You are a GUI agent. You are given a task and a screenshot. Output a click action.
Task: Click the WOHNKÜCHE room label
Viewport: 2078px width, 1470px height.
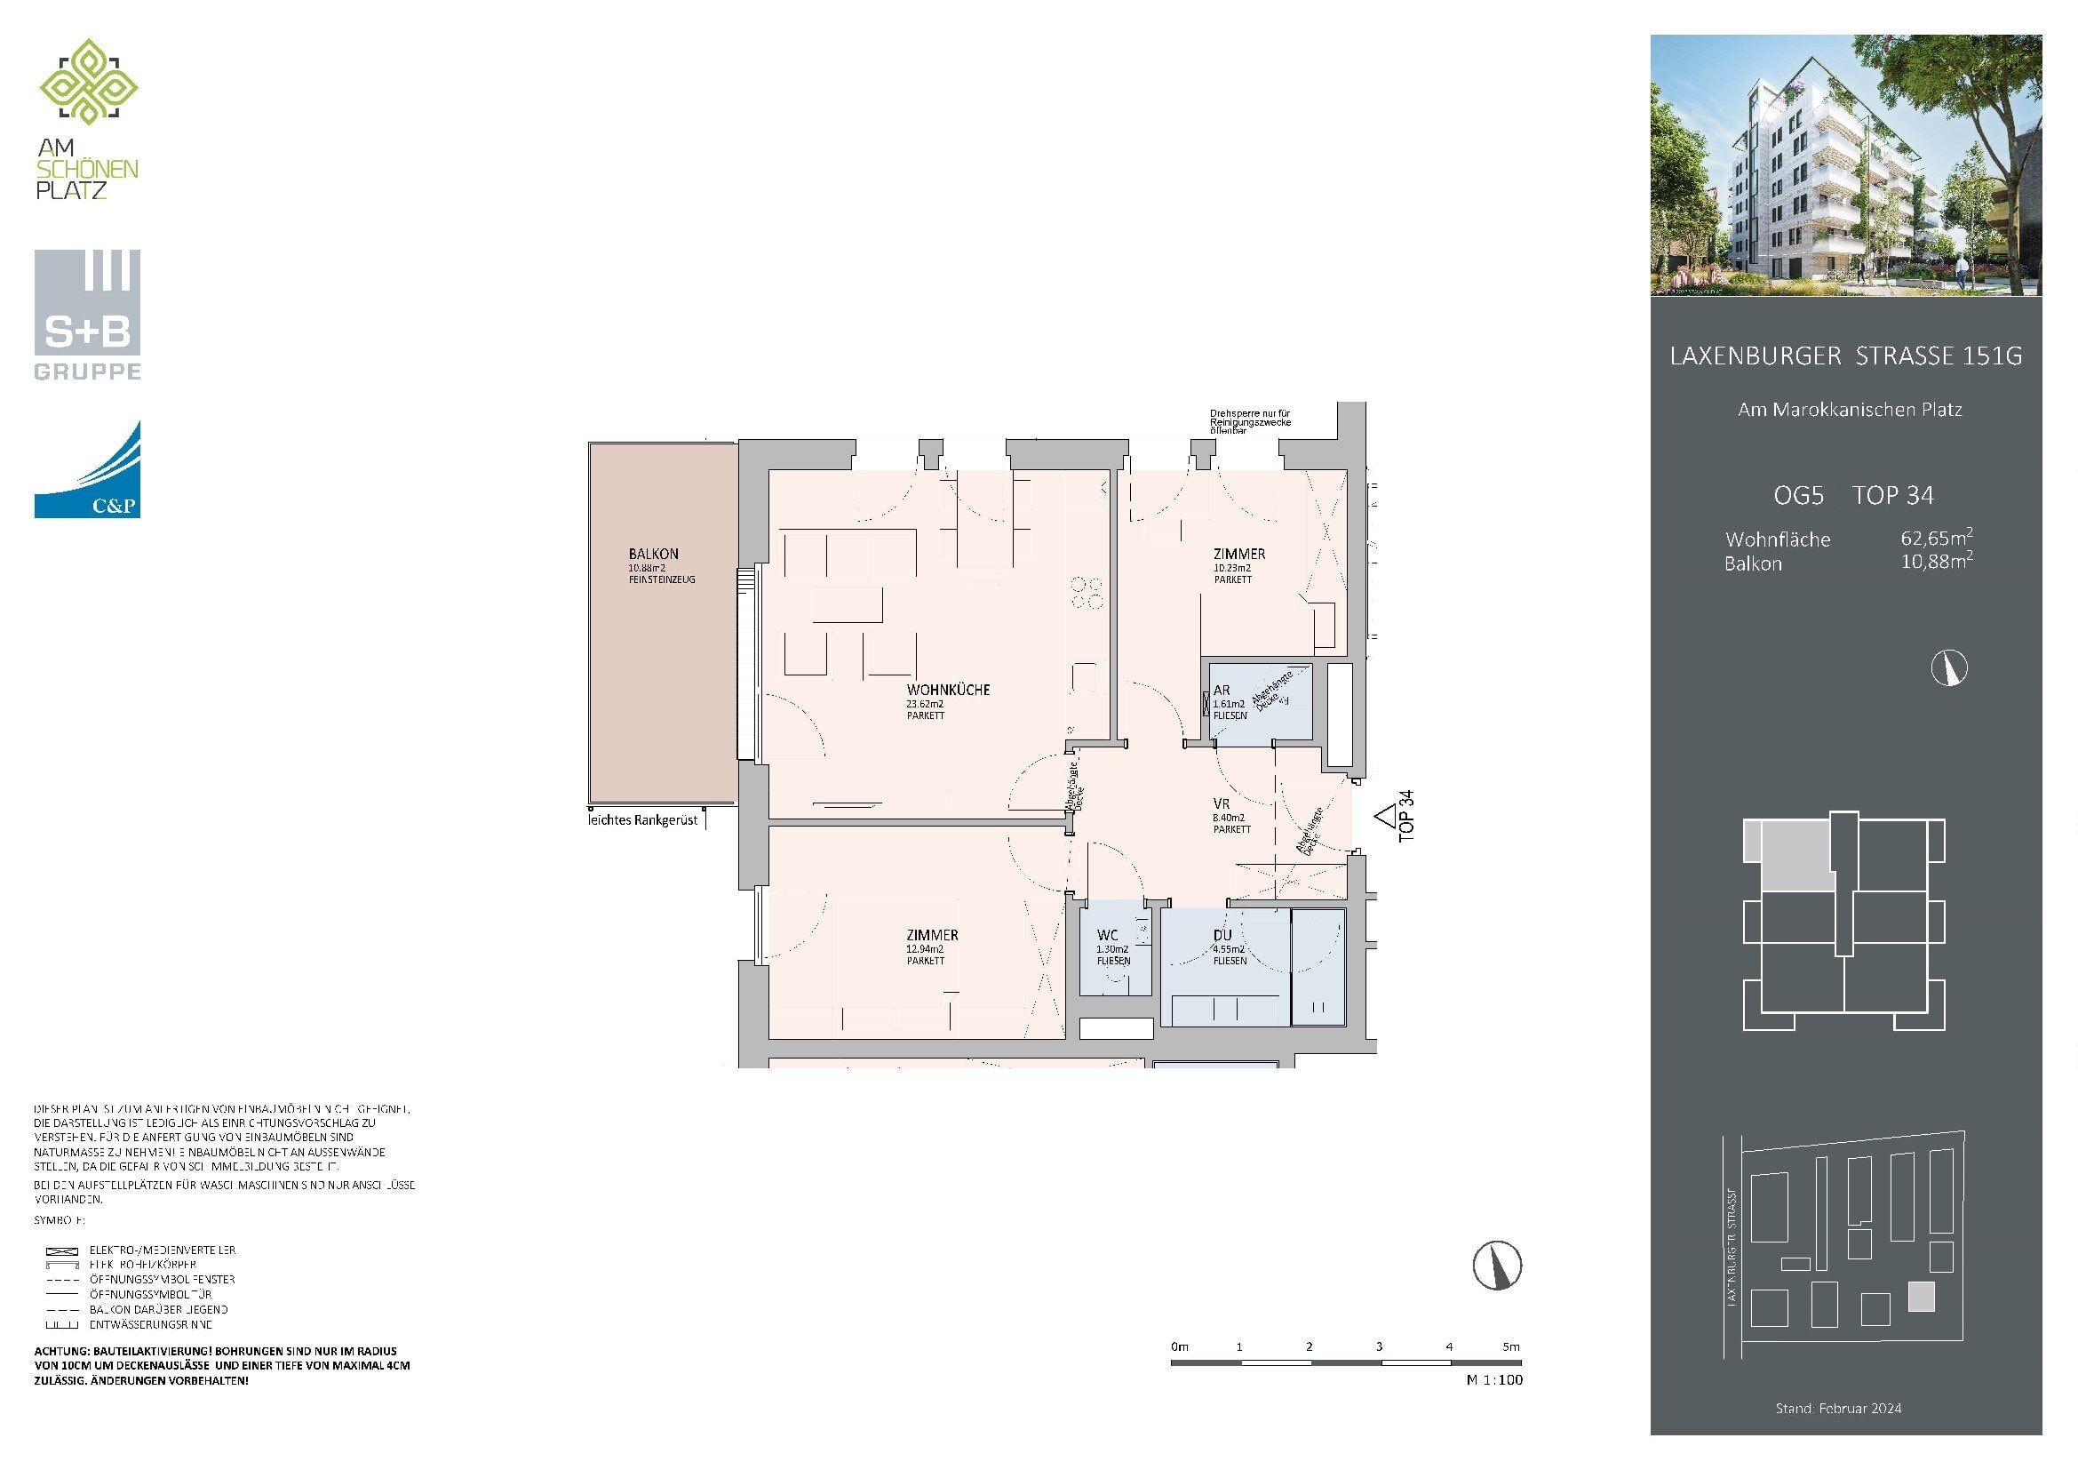(x=948, y=690)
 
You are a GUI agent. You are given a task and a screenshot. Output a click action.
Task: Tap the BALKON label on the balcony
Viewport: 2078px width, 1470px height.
(x=653, y=554)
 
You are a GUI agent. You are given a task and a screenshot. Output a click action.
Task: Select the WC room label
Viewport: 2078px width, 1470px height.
(x=1107, y=935)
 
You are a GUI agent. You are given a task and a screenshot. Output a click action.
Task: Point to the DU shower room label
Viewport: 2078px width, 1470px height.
(x=1222, y=935)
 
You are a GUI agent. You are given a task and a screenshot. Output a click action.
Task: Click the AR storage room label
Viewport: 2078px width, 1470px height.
(x=1221, y=691)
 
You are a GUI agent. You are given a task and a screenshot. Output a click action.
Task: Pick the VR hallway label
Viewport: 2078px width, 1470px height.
(x=1221, y=803)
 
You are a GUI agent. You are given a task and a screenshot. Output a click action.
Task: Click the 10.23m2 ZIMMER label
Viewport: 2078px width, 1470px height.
(x=1239, y=554)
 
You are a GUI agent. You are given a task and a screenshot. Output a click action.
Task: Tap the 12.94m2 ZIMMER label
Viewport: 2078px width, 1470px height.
(x=932, y=935)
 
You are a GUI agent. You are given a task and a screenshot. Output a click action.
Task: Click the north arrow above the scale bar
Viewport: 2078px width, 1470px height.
(x=1496, y=1266)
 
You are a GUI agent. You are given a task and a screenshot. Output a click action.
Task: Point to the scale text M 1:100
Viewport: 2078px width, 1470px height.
(x=1494, y=1380)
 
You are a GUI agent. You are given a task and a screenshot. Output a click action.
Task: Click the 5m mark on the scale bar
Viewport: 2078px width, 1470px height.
(x=1510, y=1346)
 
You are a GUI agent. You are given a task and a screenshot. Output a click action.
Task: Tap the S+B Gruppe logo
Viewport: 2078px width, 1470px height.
(x=87, y=315)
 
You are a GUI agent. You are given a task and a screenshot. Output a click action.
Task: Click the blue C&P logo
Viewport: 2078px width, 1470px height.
(x=87, y=470)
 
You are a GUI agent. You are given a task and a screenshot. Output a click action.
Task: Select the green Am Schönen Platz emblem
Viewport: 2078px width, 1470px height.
(x=88, y=83)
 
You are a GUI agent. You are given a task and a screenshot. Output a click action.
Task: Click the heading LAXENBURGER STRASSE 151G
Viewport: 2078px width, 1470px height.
(x=1845, y=356)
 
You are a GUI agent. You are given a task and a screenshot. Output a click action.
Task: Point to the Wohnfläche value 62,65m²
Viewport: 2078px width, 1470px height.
(x=1936, y=539)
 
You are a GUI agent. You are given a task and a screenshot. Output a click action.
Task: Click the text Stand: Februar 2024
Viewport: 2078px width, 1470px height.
(x=1837, y=1409)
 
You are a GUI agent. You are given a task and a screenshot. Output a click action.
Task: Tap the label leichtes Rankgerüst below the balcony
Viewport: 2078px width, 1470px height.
(x=643, y=820)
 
